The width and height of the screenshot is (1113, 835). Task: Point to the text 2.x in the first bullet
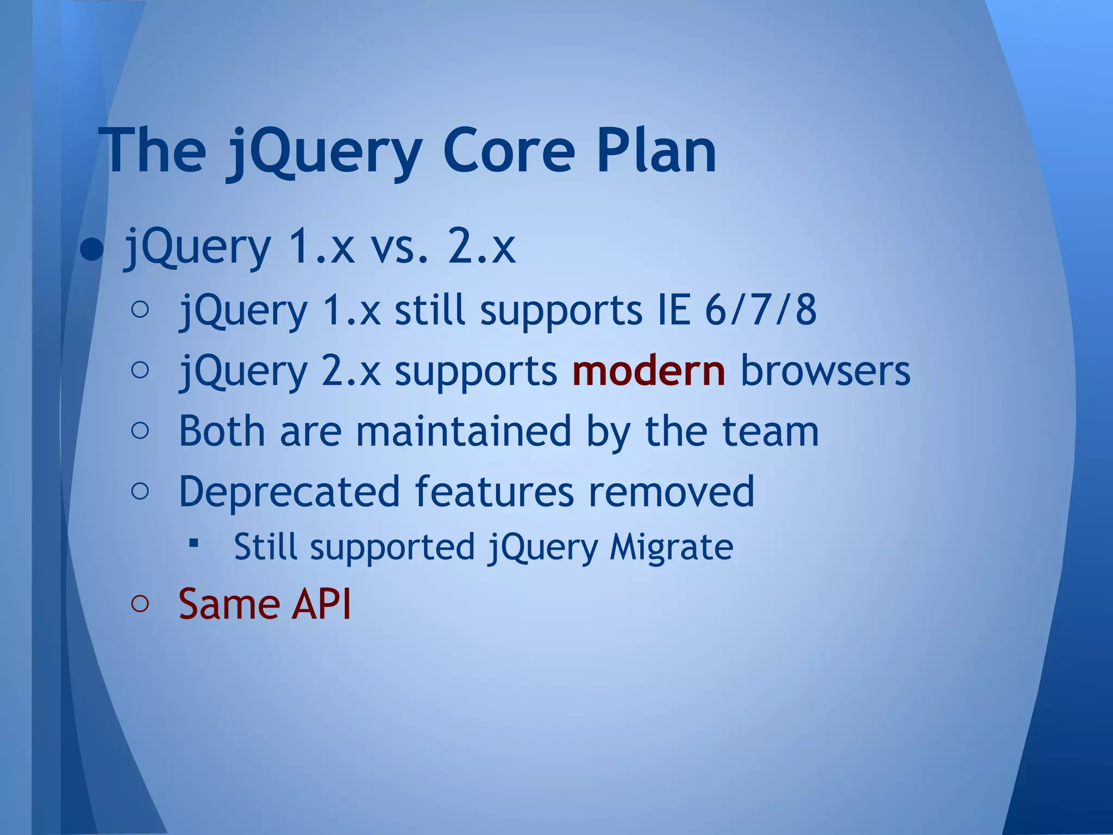[x=481, y=247]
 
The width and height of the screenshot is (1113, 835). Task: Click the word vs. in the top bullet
[x=403, y=247]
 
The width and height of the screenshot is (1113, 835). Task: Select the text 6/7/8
[x=760, y=310]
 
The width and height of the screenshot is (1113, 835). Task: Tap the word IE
[x=673, y=310]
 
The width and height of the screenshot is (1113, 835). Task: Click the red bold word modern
[x=648, y=371]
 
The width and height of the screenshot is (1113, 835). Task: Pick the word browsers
[x=825, y=371]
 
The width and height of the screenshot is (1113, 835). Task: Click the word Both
[x=222, y=431]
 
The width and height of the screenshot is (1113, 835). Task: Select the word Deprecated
[x=289, y=491]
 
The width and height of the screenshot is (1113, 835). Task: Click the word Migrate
[x=671, y=547]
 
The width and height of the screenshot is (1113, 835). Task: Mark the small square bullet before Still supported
[x=193, y=543]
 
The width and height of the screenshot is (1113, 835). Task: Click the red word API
[x=321, y=603]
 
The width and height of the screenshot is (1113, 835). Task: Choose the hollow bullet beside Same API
[x=140, y=603]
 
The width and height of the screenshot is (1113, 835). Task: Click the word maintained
[x=464, y=431]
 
